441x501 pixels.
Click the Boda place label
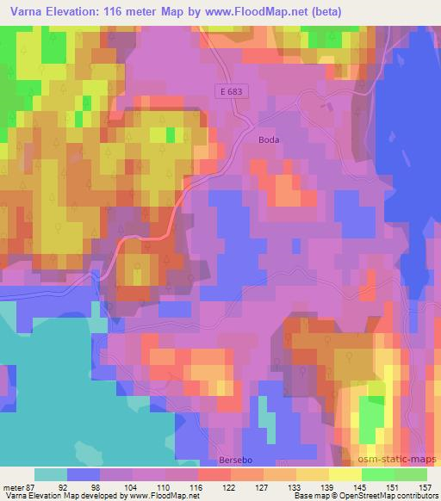270,138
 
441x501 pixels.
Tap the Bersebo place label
234,460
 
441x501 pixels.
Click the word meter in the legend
15,486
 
